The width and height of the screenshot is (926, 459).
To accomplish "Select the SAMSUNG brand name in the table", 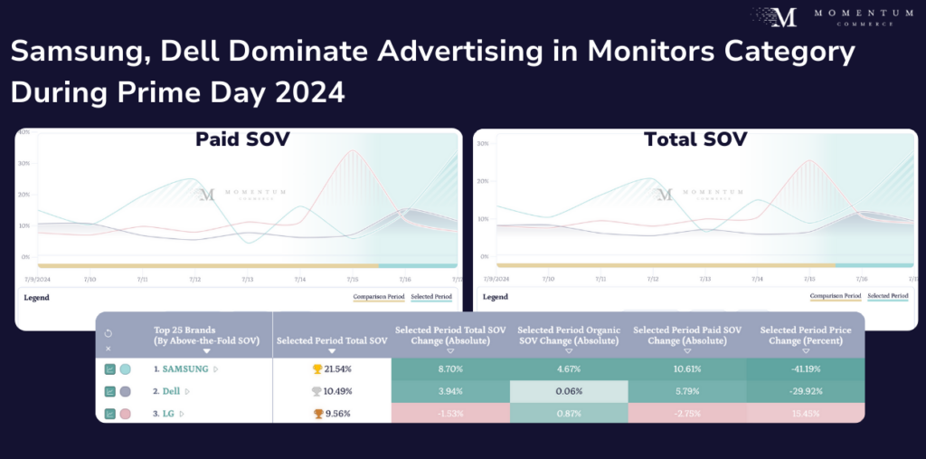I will pos(185,369).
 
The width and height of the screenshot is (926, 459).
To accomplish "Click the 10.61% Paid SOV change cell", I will pos(687,369).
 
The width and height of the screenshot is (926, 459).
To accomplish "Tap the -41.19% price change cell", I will pos(805,369).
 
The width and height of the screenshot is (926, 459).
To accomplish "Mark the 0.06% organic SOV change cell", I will pos(569,391).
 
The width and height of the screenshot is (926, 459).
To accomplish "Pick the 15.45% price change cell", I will pos(805,413).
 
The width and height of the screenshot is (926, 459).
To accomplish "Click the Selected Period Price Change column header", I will pos(805,335).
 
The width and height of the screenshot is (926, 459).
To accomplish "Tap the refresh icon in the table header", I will pos(109,333).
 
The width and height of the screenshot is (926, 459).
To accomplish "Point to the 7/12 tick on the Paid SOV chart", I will pos(195,281).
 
